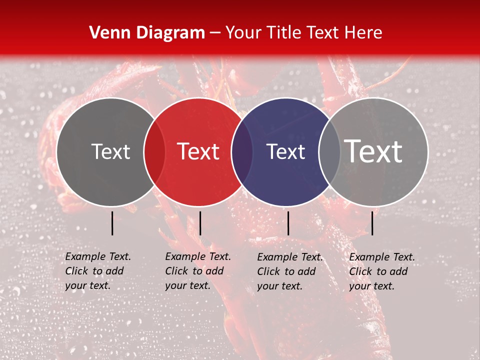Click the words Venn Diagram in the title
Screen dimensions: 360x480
click(x=147, y=33)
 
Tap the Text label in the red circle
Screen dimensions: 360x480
click(x=198, y=151)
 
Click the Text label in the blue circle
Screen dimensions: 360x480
click(x=286, y=152)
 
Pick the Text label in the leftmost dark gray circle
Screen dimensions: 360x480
click(x=110, y=151)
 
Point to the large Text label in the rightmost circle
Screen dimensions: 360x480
click(x=374, y=151)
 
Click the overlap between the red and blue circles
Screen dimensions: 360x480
click(x=242, y=152)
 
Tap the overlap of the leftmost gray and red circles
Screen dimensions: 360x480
click(x=154, y=152)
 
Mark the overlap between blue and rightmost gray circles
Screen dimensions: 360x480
click(x=329, y=152)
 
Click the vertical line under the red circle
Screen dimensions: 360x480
click(x=200, y=223)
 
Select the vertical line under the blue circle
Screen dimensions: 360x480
click(x=288, y=223)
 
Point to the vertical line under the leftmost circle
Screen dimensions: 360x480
click(x=112, y=223)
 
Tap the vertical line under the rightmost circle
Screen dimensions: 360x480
click(x=372, y=223)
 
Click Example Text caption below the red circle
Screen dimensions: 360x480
click(x=198, y=271)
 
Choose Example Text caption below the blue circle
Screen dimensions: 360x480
click(x=290, y=271)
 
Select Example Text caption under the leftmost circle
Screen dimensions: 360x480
click(x=98, y=271)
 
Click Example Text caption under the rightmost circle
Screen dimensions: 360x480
click(x=382, y=271)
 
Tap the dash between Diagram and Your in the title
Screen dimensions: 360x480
click(x=215, y=33)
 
